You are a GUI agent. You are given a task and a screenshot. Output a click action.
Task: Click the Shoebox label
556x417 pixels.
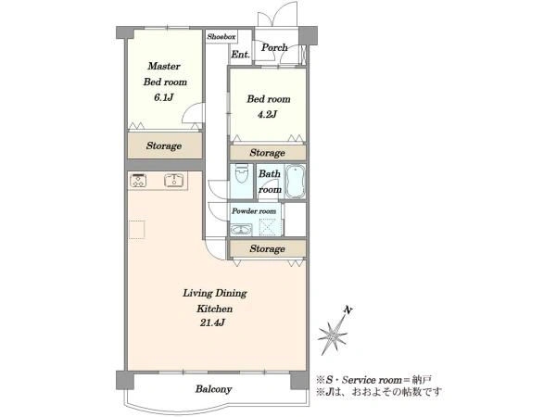221,36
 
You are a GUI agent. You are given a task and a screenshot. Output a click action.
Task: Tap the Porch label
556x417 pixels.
274,47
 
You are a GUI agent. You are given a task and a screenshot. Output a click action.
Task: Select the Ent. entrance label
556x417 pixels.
240,55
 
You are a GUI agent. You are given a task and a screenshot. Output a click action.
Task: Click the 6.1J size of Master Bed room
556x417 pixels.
164,97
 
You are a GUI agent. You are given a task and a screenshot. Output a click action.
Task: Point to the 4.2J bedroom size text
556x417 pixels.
268,114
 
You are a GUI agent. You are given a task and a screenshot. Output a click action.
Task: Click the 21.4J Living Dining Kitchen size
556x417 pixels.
212,322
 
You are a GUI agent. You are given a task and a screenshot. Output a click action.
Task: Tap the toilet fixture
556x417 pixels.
242,173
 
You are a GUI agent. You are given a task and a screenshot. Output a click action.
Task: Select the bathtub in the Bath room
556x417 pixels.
295,181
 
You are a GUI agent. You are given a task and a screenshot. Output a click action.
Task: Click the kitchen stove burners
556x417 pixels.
138,180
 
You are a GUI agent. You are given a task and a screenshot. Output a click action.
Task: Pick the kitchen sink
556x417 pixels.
174,180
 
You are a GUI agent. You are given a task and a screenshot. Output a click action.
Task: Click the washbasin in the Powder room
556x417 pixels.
241,230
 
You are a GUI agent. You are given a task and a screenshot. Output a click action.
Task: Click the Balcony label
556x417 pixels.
213,389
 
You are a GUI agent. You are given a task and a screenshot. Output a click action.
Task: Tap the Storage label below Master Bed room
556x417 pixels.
164,145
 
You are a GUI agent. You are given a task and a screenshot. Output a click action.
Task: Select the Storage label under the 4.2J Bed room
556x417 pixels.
267,153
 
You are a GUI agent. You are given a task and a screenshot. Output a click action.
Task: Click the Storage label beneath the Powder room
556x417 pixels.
267,248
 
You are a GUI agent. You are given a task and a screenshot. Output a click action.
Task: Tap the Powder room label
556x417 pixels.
254,211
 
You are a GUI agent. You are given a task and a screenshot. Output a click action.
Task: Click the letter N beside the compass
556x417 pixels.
349,310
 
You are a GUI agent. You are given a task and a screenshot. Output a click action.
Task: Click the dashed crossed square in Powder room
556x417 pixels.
268,227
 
